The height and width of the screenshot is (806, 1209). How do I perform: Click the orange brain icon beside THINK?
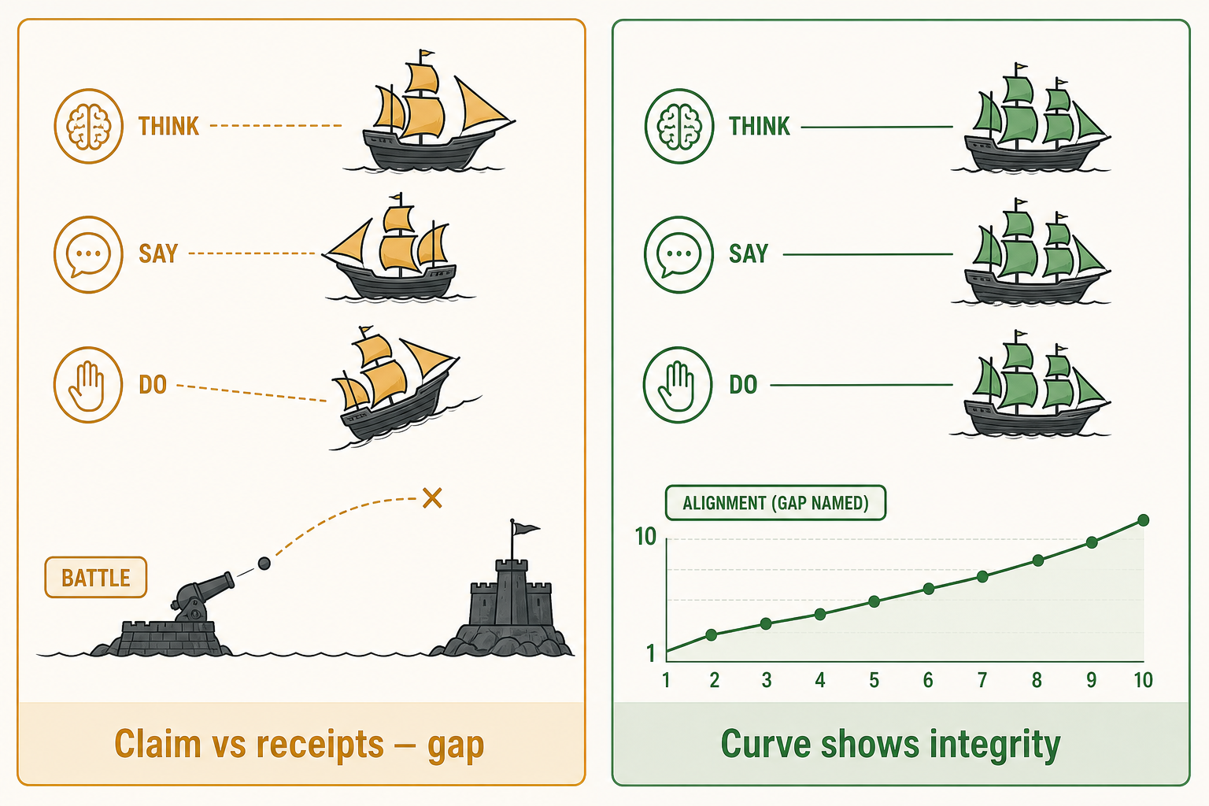[x=88, y=126]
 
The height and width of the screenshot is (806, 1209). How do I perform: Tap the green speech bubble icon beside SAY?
[x=678, y=254]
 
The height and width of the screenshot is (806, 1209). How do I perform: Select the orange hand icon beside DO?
[x=88, y=385]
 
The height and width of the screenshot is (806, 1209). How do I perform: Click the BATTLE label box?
[x=95, y=578]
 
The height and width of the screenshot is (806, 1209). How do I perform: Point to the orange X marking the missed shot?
[x=432, y=498]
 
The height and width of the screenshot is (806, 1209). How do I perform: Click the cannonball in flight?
[x=264, y=564]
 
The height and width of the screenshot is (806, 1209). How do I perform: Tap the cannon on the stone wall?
[x=201, y=597]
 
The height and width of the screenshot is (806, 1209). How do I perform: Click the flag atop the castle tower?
[x=525, y=528]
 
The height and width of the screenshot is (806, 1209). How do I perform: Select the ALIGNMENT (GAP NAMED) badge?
[x=775, y=503]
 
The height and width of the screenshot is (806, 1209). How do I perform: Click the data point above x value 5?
[x=874, y=601]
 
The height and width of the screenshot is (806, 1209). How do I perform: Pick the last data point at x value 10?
[x=1143, y=520]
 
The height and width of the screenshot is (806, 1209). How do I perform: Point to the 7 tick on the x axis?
[x=982, y=680]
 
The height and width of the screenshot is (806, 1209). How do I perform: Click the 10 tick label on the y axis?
[x=645, y=537]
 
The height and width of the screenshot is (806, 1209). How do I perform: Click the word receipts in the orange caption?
[x=320, y=744]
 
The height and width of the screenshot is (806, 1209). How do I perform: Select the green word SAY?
[x=749, y=253]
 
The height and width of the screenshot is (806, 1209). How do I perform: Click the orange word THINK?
[x=169, y=126]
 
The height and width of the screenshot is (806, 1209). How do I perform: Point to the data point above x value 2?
[x=712, y=635]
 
